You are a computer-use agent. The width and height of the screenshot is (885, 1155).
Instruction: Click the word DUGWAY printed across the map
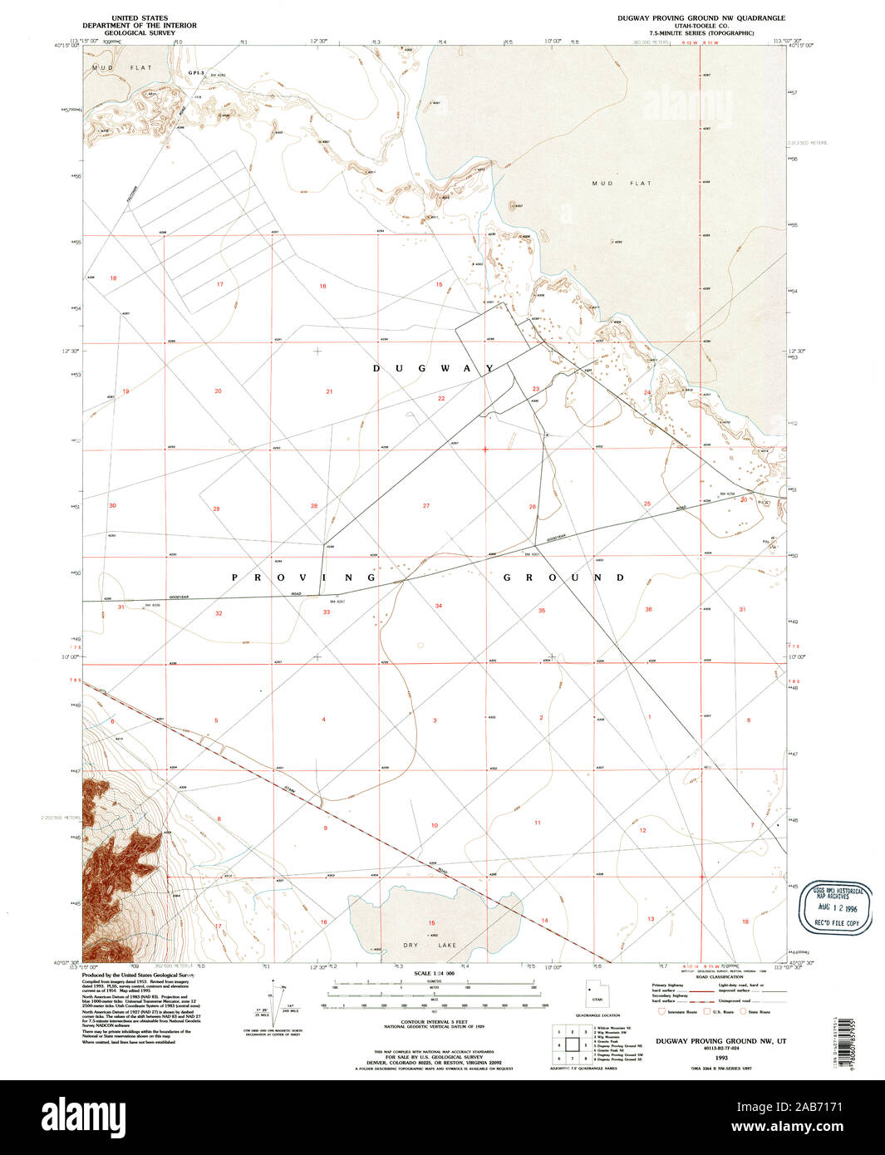[433, 368]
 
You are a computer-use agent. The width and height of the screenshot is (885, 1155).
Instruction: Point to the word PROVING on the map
[303, 577]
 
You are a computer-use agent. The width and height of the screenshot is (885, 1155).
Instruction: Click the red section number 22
[441, 399]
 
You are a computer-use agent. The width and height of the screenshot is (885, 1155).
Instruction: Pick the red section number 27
[425, 505]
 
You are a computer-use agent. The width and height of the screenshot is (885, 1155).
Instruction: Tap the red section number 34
[438, 606]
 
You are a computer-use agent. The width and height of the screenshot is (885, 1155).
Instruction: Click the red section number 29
[216, 508]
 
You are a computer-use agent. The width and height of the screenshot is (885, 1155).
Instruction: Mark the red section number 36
[648, 610]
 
